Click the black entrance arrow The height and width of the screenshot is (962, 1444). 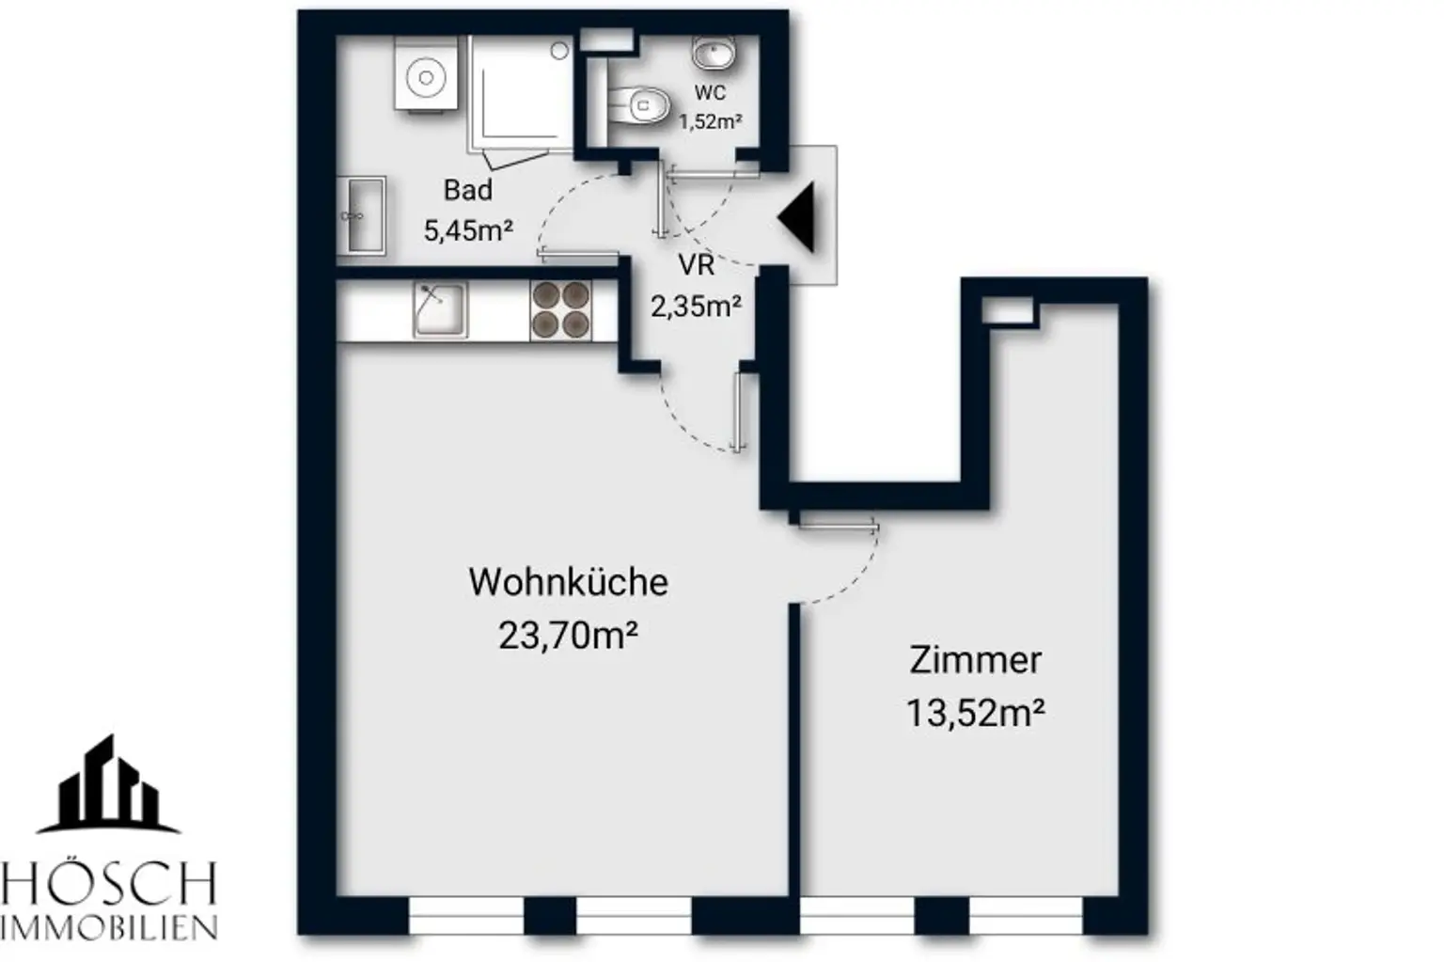pyautogui.click(x=798, y=217)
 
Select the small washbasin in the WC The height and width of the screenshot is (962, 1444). pyautogui.click(x=714, y=54)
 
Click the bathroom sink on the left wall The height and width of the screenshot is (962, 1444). pyautogui.click(x=362, y=214)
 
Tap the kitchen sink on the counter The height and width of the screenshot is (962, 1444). pyautogui.click(x=439, y=309)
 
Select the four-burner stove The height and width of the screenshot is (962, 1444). pyautogui.click(x=560, y=310)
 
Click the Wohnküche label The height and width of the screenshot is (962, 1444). pyautogui.click(x=568, y=582)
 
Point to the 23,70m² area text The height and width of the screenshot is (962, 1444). pyautogui.click(x=568, y=637)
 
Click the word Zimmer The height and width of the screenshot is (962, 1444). pyautogui.click(x=975, y=660)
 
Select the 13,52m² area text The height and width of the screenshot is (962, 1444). pyautogui.click(x=975, y=713)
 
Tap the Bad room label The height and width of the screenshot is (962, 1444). pyautogui.click(x=467, y=190)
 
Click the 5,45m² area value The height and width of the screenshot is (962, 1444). pyautogui.click(x=467, y=229)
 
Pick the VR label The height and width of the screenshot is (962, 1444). pyautogui.click(x=696, y=266)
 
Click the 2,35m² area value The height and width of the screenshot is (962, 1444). pyautogui.click(x=696, y=306)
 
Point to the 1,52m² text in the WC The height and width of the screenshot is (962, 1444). pyautogui.click(x=711, y=121)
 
